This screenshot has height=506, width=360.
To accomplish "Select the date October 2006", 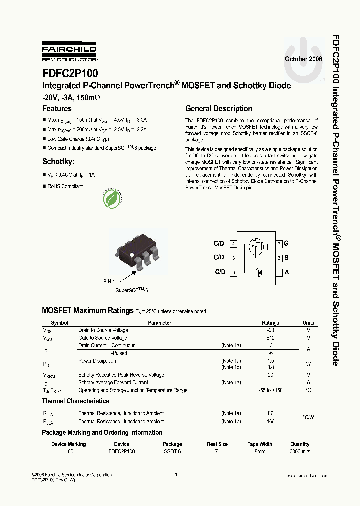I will [303, 59].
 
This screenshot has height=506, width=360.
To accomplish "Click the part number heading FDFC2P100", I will [70, 73].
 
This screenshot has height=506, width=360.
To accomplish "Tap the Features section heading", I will [57, 108].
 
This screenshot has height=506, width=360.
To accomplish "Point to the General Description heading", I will [219, 108].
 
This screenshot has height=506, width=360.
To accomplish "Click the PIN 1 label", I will [109, 281].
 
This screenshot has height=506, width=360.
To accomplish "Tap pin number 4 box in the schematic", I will [233, 244].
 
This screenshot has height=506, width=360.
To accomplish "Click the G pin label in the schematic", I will [286, 244].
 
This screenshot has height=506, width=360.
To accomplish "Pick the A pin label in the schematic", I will [286, 272].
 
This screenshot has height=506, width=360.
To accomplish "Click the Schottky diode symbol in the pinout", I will [259, 272].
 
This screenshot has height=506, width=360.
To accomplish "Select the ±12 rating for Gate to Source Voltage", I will [270, 338].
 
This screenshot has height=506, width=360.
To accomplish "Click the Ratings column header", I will [270, 323].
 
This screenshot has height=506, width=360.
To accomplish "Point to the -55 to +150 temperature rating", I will [270, 390].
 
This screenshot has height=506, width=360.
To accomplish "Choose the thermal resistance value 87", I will [270, 413].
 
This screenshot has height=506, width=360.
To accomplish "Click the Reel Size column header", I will [217, 444].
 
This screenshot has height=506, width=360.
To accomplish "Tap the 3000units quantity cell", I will [300, 451].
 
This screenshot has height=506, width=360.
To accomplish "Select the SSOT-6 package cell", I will [172, 451].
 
